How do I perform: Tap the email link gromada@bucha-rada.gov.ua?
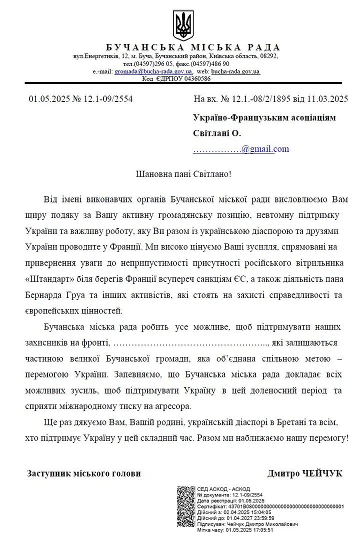click(153, 71)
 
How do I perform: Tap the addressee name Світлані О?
click(217, 133)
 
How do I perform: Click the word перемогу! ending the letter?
click(327, 437)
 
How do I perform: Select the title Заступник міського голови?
click(84, 473)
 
